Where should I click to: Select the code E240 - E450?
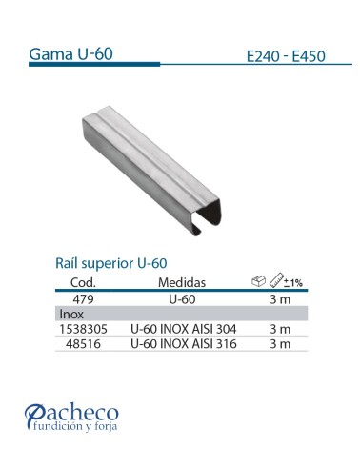(285, 55)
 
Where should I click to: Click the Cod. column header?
(86, 283)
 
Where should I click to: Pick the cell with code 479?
(86, 298)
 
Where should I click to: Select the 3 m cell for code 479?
(279, 298)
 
